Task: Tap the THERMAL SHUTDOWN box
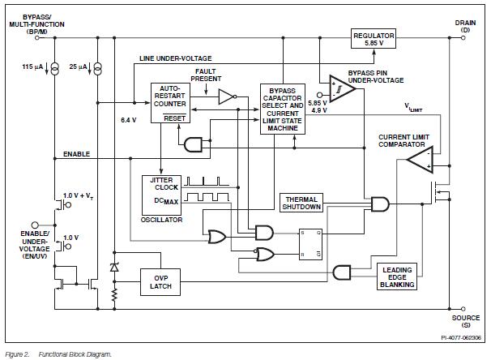[301, 203]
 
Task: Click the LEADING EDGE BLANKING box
[397, 276]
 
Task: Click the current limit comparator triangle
[421, 159]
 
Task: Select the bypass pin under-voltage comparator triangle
[343, 90]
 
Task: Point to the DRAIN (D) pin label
[465, 27]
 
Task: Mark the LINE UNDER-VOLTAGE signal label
[175, 58]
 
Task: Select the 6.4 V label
[129, 120]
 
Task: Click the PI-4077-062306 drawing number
[459, 336]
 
